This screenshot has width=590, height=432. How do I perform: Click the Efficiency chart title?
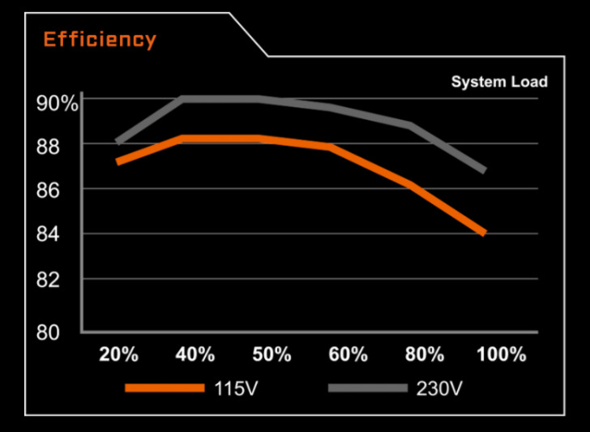coord(100,39)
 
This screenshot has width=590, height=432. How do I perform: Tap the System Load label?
coord(499,82)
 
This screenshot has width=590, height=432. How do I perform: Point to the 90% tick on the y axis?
coord(56,103)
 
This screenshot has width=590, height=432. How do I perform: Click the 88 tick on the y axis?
coord(49,146)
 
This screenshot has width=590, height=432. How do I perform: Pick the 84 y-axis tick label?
coord(49,234)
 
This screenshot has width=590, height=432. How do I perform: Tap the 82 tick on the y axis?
coord(49,280)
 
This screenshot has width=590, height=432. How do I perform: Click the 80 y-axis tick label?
coord(49,331)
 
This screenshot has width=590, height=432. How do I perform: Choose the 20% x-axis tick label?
coord(118,354)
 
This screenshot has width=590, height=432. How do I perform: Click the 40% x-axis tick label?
coord(195,354)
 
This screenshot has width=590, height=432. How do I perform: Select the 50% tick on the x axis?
coord(271,354)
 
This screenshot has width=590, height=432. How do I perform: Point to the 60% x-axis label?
coord(348,354)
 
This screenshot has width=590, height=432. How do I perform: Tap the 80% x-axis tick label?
coord(425,354)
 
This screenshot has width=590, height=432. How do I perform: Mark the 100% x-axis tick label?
coord(502,354)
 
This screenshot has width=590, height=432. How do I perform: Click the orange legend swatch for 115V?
coord(165,388)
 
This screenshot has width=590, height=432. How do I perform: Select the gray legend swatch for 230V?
coord(367,388)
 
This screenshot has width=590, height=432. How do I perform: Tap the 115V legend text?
coord(237,388)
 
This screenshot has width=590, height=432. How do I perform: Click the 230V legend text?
coord(439,388)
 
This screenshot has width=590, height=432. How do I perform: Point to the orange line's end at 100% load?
coord(484,233)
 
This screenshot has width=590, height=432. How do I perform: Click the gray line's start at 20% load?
coord(118,142)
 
